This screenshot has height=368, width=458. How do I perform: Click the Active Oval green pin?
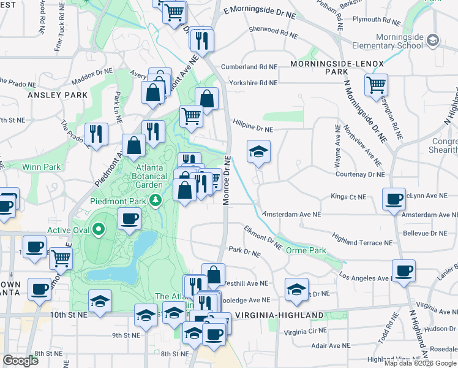coord(99,230)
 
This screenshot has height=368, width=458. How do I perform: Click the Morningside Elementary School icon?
coord(432,40)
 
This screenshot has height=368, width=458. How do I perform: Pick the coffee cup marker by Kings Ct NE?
coord(394,199)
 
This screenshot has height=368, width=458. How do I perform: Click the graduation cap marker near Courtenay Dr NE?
coord(258,151)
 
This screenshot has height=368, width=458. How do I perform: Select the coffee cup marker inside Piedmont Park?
coord(129,218)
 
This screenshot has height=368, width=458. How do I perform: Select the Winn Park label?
coord(42,166)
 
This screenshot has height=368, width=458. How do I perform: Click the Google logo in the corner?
coord(20,361)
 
